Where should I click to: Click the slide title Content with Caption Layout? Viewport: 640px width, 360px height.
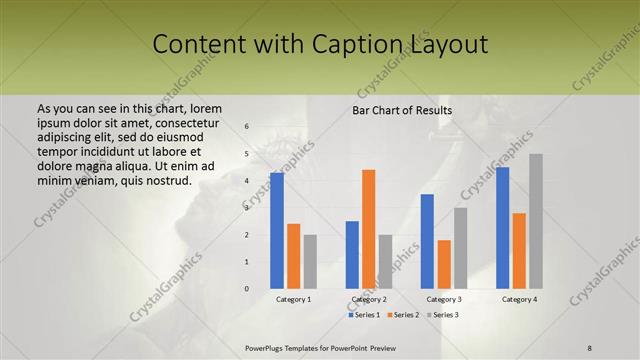(x=320, y=45)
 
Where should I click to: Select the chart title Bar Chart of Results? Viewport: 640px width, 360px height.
(x=402, y=110)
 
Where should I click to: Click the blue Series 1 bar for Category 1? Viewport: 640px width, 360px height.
(x=276, y=230)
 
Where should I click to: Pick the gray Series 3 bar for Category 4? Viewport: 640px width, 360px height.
(x=536, y=221)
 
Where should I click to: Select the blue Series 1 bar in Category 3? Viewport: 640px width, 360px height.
(x=427, y=241)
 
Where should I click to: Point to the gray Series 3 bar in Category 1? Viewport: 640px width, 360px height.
(x=310, y=261)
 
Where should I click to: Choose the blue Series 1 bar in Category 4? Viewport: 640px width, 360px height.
(x=502, y=227)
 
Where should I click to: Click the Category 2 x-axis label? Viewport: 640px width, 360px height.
(x=369, y=299)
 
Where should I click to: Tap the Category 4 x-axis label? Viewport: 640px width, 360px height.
(x=519, y=299)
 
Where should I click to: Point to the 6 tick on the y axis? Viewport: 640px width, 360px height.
(x=247, y=127)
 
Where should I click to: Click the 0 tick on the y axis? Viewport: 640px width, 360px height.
(x=247, y=289)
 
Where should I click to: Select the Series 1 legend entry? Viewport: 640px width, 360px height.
(x=366, y=315)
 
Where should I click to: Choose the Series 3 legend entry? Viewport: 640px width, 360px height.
(x=445, y=315)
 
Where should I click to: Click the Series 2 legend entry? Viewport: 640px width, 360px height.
(x=405, y=315)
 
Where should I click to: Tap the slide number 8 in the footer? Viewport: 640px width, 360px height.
(x=590, y=346)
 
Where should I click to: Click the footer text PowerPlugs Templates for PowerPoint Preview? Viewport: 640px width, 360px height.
(x=319, y=346)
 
